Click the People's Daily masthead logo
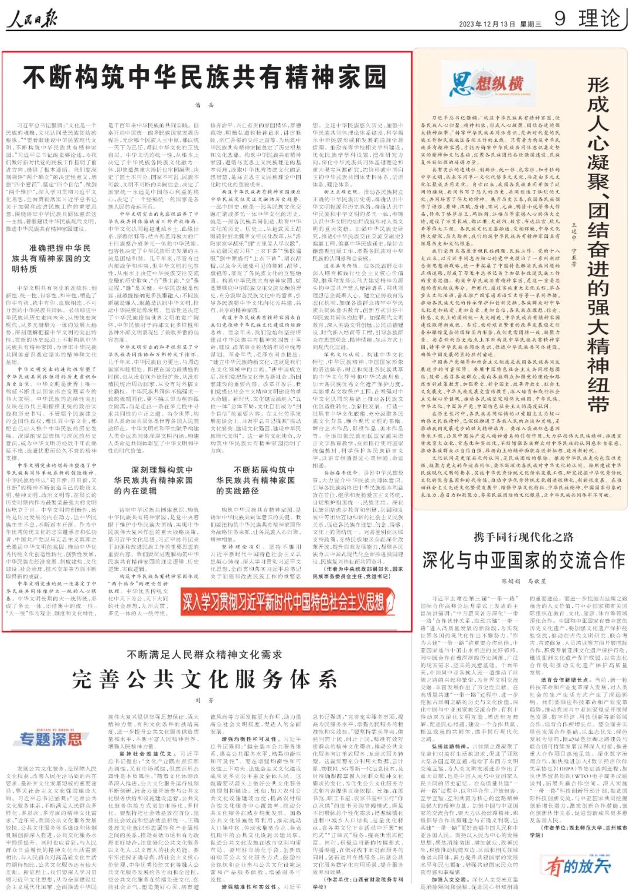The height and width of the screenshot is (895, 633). click(32, 21)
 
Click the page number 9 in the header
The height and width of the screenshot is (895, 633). click(560, 18)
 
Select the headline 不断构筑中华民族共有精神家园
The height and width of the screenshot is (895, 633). click(205, 77)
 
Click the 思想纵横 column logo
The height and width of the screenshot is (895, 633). click(486, 84)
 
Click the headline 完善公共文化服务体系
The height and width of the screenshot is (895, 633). click(205, 679)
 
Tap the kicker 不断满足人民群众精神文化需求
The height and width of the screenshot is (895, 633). click(205, 654)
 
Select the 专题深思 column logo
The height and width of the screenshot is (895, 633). click(52, 739)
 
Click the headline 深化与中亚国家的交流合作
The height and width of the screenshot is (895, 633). click(523, 561)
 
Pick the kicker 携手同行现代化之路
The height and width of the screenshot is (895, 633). click(523, 537)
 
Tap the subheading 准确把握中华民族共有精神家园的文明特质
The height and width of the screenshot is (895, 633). click(52, 258)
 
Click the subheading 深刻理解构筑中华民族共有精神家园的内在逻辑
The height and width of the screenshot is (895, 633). click(154, 479)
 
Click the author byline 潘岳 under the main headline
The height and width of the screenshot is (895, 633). click(205, 105)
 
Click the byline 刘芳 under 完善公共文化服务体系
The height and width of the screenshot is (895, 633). click(205, 700)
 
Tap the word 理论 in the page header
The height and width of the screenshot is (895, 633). click(599, 18)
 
